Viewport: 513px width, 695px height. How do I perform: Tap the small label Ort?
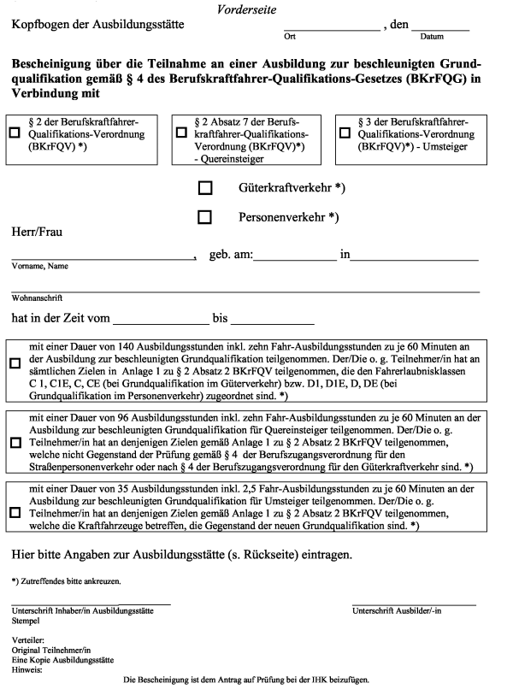click(x=289, y=38)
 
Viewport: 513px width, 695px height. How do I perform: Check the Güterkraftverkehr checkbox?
click(x=204, y=187)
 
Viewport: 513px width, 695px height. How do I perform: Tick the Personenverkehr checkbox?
click(x=204, y=217)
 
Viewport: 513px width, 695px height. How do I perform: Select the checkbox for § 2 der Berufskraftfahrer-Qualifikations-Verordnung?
click(x=15, y=133)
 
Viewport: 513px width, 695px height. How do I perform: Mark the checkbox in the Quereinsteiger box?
click(x=181, y=133)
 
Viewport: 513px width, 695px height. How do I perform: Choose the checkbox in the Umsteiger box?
click(x=345, y=133)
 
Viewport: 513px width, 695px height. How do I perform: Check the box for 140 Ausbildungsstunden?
click(x=15, y=363)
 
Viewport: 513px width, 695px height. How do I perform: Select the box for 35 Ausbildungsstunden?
click(x=15, y=514)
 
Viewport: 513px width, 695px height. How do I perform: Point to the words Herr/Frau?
click(x=37, y=232)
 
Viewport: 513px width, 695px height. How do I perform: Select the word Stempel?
click(x=26, y=621)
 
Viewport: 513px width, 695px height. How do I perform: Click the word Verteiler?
click(x=28, y=639)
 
